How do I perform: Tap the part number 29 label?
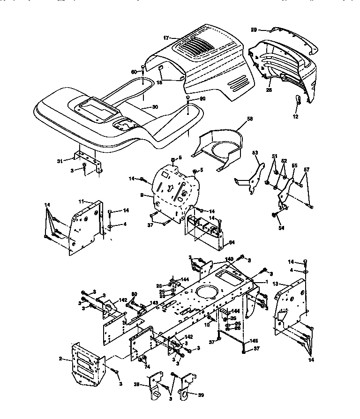point(254,30)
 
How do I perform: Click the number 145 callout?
point(254,341)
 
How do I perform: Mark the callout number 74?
point(147,366)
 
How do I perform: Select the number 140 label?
point(229,259)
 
